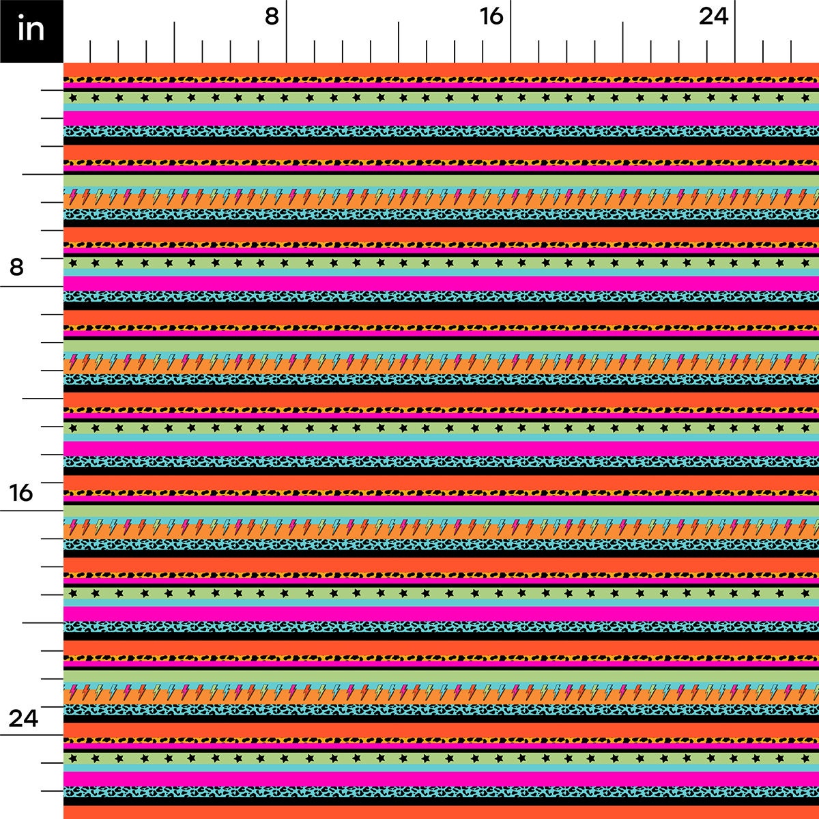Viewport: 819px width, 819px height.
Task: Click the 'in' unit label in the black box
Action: click(x=31, y=30)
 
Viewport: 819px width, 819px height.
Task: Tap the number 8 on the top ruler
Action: click(x=272, y=16)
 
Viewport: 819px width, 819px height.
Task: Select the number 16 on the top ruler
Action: click(x=491, y=16)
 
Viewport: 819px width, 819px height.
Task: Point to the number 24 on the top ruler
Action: click(x=713, y=16)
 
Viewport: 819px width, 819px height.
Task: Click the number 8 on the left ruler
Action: click(x=16, y=267)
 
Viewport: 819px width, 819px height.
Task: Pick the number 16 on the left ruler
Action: click(x=21, y=492)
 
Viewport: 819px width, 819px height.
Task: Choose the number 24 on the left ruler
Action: click(x=23, y=718)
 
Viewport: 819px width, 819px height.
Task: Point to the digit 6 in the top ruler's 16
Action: click(x=498, y=16)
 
